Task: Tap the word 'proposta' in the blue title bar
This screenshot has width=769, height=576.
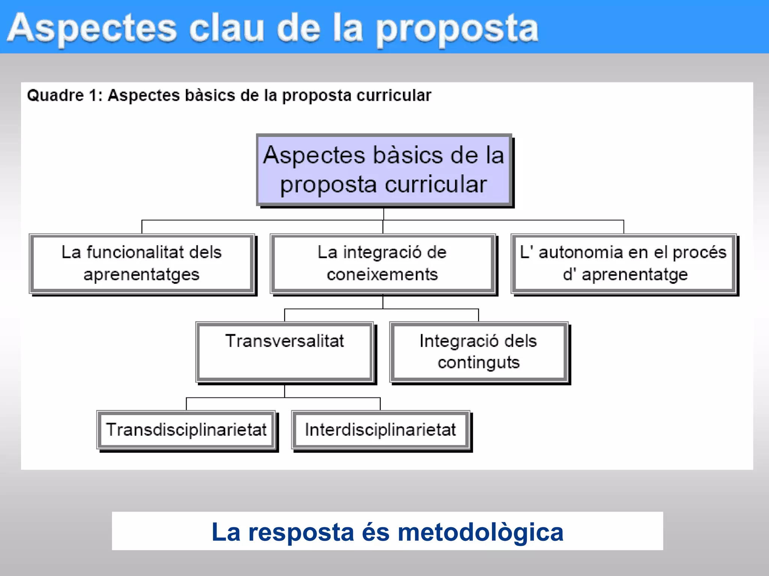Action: point(457,30)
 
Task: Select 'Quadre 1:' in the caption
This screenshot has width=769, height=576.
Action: point(65,95)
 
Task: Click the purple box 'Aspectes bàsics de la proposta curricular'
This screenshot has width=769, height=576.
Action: point(384,169)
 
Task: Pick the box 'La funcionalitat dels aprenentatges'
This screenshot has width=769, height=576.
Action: point(142,263)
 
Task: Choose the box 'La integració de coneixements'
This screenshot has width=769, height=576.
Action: point(382,263)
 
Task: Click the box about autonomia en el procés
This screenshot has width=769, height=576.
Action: point(623,263)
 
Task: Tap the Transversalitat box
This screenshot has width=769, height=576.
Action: point(285,352)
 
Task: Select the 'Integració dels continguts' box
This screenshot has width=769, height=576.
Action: point(478,352)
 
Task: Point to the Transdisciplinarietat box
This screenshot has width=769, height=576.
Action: point(186,430)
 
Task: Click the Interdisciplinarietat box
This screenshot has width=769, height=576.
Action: point(380,430)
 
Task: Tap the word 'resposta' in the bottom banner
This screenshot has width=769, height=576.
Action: point(301,532)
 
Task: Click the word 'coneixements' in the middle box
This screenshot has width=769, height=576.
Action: point(382,274)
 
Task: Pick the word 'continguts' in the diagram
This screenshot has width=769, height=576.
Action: point(479,363)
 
